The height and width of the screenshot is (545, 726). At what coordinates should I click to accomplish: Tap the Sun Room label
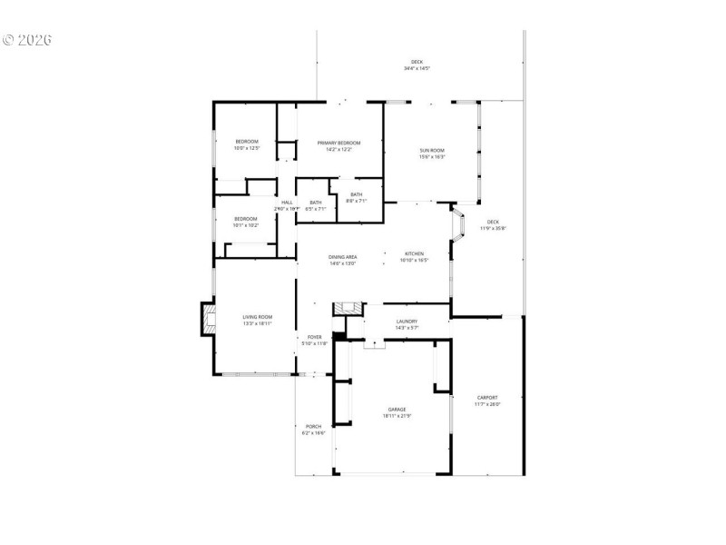click(431, 153)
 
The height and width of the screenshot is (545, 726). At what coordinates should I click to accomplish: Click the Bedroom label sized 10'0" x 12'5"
click(247, 144)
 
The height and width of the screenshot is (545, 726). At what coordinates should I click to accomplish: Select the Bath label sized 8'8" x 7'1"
click(357, 196)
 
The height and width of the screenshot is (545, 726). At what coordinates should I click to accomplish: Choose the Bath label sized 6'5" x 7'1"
click(316, 205)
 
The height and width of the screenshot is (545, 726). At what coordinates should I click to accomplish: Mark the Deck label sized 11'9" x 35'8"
click(493, 224)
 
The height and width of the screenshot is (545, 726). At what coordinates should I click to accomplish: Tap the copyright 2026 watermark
click(27, 40)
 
